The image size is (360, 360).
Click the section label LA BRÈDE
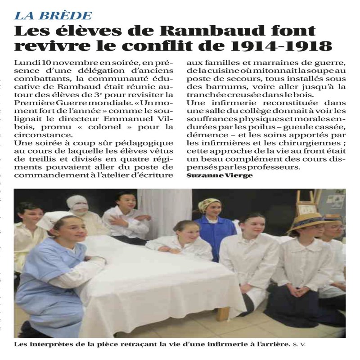tap(53, 16)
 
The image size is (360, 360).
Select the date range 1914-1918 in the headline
tap(288, 46)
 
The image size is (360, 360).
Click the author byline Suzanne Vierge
tap(219, 175)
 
